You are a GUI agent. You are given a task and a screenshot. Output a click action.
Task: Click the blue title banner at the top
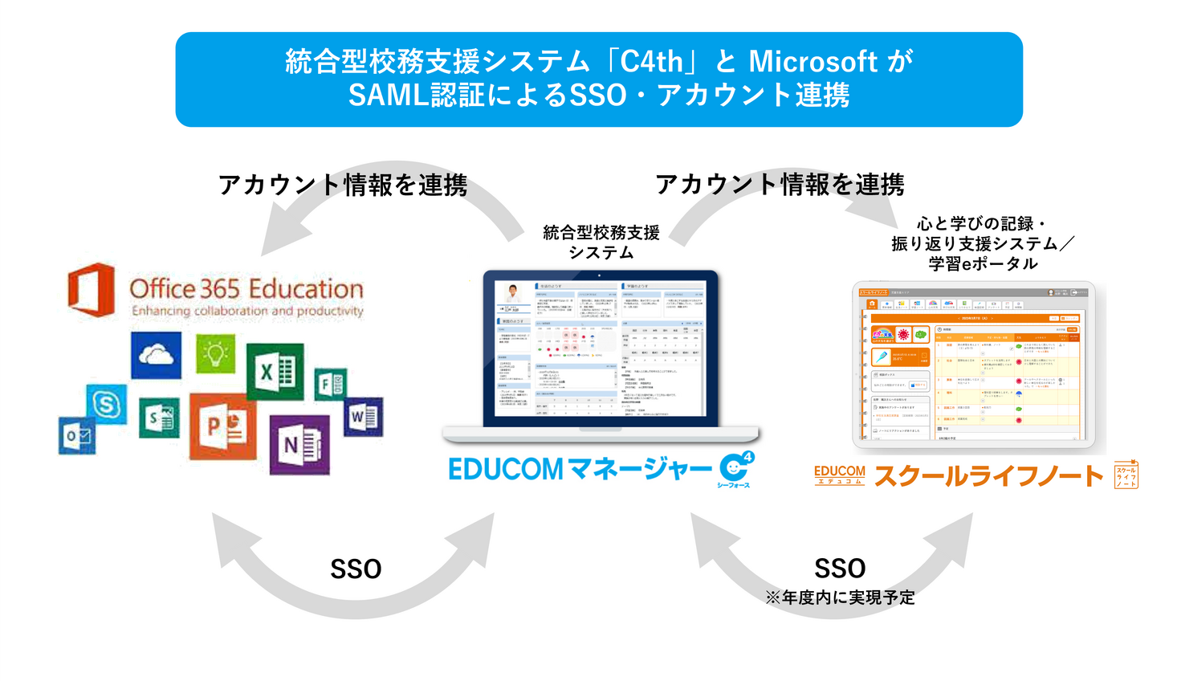pos(598,80)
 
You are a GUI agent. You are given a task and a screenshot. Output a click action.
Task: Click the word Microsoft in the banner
pos(812,62)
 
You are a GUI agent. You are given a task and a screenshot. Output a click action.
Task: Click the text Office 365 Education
pos(246,288)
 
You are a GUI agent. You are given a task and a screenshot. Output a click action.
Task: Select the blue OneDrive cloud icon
pos(156,354)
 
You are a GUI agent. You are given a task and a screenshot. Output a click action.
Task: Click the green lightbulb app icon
pos(215,353)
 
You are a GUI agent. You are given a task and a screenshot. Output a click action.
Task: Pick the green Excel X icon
pos(275,371)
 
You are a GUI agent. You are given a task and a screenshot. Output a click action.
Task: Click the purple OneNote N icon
pos(299,444)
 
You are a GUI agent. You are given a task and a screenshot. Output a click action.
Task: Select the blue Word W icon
pos(363,417)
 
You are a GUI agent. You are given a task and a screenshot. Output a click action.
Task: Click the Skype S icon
pos(106,404)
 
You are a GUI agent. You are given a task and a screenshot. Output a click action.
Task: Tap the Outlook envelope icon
pos(77,436)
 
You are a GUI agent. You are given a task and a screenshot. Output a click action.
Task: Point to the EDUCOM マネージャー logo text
pos(580,469)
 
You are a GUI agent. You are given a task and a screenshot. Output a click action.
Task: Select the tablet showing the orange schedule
pos(973,365)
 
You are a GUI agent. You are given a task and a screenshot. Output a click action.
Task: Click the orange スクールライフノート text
pos(988,476)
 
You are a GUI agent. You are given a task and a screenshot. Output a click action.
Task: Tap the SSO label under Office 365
pos(356,569)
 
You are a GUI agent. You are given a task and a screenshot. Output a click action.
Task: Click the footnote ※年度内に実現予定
pos(840,597)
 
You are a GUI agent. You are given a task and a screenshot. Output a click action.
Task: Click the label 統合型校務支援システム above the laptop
pos(601,243)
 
